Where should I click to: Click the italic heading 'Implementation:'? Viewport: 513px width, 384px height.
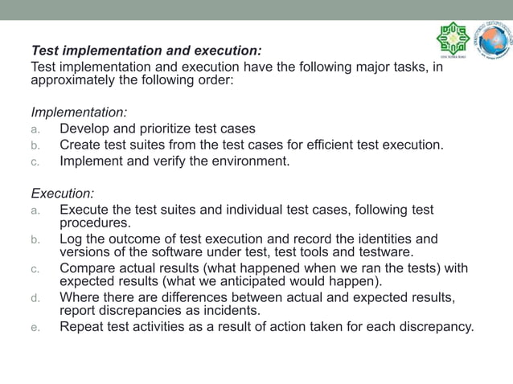(x=79, y=112)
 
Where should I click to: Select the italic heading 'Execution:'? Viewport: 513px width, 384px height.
(x=63, y=194)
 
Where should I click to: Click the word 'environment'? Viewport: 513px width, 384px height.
(x=250, y=161)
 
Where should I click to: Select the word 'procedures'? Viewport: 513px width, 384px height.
(x=94, y=223)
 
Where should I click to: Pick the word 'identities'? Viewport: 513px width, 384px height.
(x=387, y=239)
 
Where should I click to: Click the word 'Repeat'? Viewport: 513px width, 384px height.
(x=81, y=327)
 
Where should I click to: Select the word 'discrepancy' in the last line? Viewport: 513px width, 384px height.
(x=434, y=327)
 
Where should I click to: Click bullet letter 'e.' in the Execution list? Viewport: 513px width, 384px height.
(x=35, y=328)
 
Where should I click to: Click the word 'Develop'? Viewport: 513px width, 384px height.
(x=84, y=129)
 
